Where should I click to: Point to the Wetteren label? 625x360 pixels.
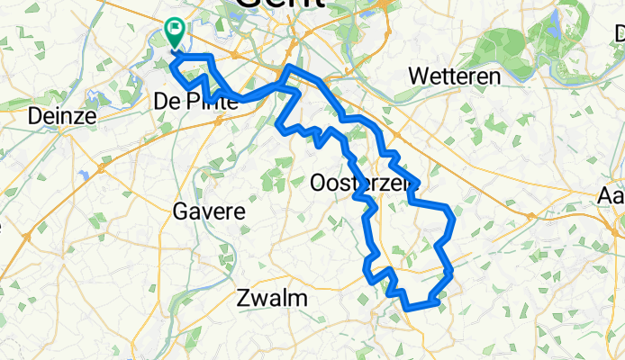(x=454, y=76)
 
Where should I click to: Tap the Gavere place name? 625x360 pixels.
(x=207, y=212)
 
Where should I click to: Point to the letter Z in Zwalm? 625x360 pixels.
(x=242, y=298)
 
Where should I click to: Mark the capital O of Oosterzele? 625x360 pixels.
(x=318, y=184)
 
